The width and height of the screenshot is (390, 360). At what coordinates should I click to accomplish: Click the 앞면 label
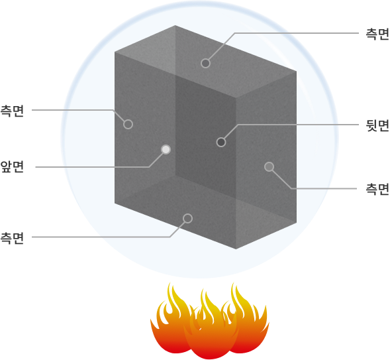pyautogui.click(x=12, y=166)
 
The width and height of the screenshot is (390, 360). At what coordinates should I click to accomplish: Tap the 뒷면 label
pyautogui.click(x=377, y=125)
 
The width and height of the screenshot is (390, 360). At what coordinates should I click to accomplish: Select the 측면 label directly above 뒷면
pyautogui.click(x=377, y=34)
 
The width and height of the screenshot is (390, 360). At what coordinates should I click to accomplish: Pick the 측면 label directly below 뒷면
pyautogui.click(x=377, y=189)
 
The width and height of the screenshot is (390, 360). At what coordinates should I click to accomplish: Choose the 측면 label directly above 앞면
pyautogui.click(x=12, y=111)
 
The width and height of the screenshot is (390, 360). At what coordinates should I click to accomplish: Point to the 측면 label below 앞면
pyautogui.click(x=12, y=238)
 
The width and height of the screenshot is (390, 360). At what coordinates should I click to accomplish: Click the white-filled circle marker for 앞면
pyautogui.click(x=166, y=149)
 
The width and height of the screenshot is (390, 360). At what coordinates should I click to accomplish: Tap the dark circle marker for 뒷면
pyautogui.click(x=221, y=142)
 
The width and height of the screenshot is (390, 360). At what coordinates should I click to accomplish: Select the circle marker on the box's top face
pyautogui.click(x=205, y=63)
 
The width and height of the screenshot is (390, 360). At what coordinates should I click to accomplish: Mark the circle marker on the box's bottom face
pyautogui.click(x=187, y=218)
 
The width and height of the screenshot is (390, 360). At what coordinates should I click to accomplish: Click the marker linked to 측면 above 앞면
pyautogui.click(x=128, y=124)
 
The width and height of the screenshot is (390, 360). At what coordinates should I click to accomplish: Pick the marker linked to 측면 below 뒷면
pyautogui.click(x=269, y=167)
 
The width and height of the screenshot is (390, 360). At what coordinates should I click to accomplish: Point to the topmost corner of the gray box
pyautogui.click(x=175, y=25)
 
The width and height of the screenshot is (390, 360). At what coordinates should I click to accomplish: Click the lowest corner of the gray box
pyautogui.click(x=236, y=249)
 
